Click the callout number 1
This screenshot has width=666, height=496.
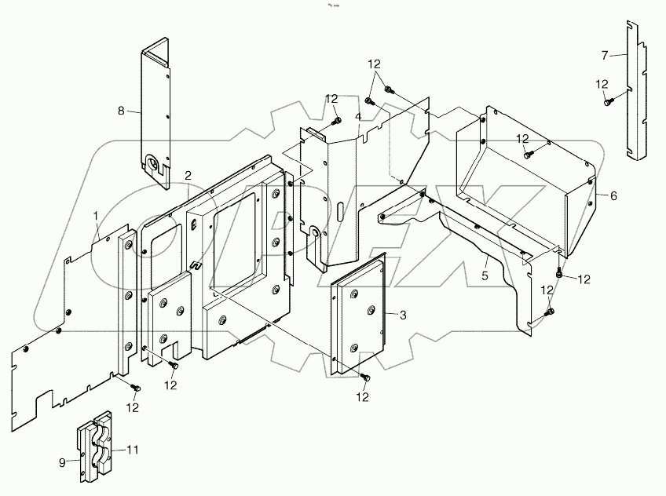96,215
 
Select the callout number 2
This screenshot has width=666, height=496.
188,174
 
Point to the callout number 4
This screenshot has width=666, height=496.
357,116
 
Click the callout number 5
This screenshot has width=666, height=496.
485,276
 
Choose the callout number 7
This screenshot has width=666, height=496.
604,55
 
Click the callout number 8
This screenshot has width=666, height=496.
121,111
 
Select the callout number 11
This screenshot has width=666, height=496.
133,450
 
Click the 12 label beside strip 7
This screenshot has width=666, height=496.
602,84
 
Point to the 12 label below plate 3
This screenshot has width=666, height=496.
362,398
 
